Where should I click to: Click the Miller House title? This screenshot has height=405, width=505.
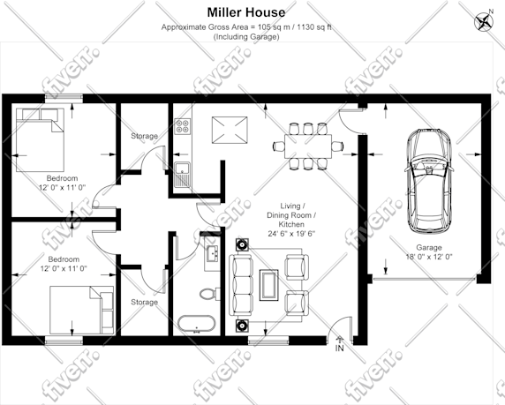click(x=246, y=12)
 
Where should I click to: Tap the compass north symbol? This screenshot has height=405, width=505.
click(x=484, y=21)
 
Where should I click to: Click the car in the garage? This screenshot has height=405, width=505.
click(x=428, y=182)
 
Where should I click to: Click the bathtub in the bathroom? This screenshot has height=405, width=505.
click(x=196, y=324)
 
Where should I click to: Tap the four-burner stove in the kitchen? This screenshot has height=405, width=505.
click(x=183, y=126)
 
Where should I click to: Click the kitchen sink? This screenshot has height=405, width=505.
click(x=182, y=175)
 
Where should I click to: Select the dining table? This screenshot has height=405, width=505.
click(x=308, y=146)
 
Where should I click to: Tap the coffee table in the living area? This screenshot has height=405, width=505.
click(x=269, y=285)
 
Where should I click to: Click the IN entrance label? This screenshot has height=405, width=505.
click(x=339, y=348)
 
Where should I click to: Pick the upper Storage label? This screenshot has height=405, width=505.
click(x=144, y=136)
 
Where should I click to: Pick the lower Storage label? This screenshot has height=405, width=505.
click(x=144, y=302)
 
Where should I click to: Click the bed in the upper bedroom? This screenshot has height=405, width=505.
click(x=40, y=139)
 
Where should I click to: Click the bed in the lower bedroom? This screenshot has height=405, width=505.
click(x=81, y=310)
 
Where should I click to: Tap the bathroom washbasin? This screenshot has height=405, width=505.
click(x=212, y=252)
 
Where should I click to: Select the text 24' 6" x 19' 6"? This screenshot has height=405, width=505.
click(x=291, y=234)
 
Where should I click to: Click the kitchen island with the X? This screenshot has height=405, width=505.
click(x=230, y=130)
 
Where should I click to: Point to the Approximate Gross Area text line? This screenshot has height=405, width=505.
click(x=246, y=27)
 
